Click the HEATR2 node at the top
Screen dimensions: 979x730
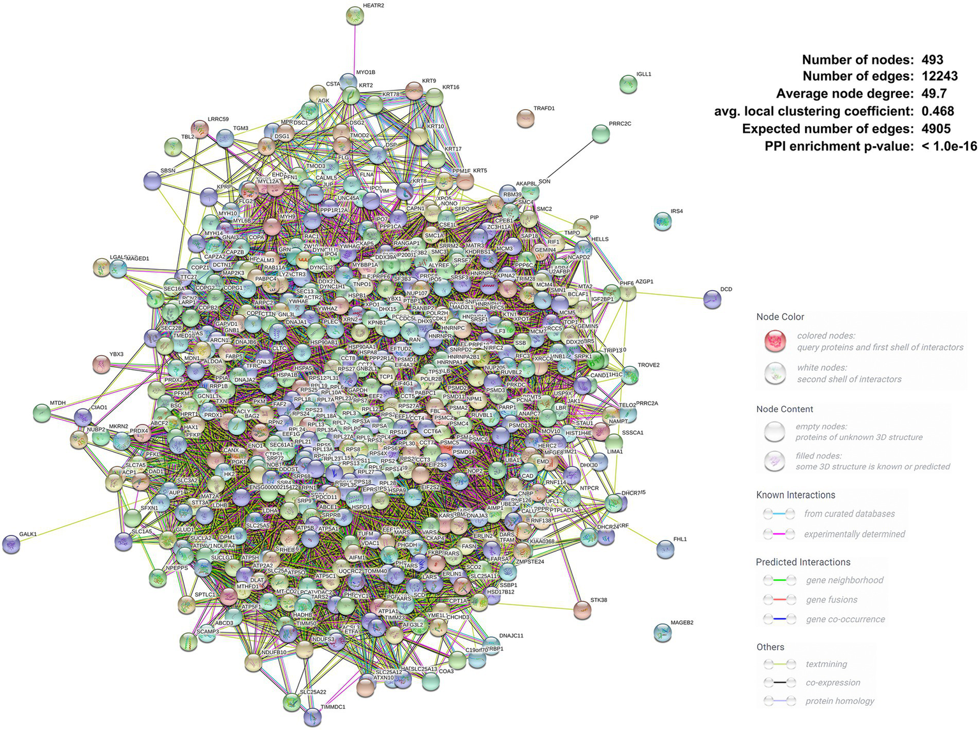pyautogui.click(x=355, y=16)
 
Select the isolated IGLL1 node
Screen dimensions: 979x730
pyautogui.click(x=628, y=84)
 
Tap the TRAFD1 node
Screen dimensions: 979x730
pyautogui.click(x=525, y=118)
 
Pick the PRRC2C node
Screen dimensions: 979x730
pyautogui.click(x=601, y=133)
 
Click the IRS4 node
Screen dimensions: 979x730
pyautogui.click(x=663, y=221)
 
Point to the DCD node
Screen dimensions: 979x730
pyautogui.click(x=712, y=299)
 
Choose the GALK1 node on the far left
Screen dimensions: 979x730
pyautogui.click(x=11, y=544)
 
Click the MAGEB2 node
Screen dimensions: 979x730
pyautogui.click(x=663, y=632)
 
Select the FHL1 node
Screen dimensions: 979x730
pyautogui.click(x=665, y=549)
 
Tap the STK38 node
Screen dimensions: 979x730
pyautogui.click(x=582, y=610)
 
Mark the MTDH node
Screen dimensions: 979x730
pyautogui.click(x=41, y=413)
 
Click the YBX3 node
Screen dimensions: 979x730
pyautogui.click(x=101, y=364)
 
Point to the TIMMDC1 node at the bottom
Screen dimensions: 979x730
pyautogui.click(x=313, y=717)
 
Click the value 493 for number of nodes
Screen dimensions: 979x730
pyautogui.click(x=932, y=60)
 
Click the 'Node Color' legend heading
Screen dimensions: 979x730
pyautogui.click(x=780, y=317)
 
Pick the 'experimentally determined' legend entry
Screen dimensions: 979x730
pyautogui.click(x=854, y=534)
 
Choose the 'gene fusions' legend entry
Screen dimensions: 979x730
pyautogui.click(x=831, y=600)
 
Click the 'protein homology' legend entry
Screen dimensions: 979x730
pyautogui.click(x=839, y=701)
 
